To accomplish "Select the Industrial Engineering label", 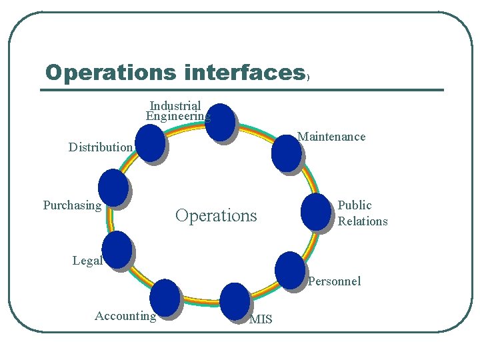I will tap(176, 111).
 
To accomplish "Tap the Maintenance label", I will tap(331, 137).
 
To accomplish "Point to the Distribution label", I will tap(101, 147).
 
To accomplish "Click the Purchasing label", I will tap(72, 205).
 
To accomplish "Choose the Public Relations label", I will tap(363, 213).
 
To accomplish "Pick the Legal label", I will tap(87, 261).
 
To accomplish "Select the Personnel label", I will tap(334, 281).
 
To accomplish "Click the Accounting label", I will tap(125, 316).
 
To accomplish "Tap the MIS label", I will tap(261, 319).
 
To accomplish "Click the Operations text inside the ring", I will tap(216, 215).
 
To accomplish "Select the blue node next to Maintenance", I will tap(286, 153).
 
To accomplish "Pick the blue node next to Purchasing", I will tap(113, 187).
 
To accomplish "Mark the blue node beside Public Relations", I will tap(315, 211).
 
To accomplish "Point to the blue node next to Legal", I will tap(118, 249).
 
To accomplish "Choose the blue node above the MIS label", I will tap(234, 300).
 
